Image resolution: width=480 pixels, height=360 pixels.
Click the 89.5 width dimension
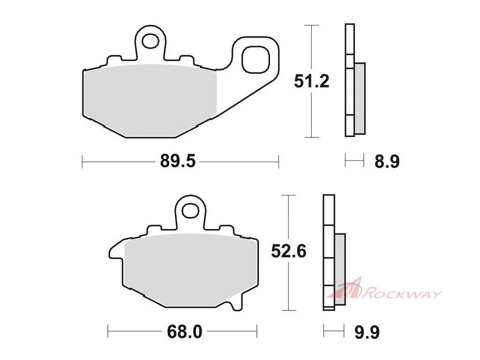click(x=178, y=161)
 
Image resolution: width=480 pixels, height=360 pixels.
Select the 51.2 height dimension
click(x=311, y=81)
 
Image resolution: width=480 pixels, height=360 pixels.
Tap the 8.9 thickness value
click(x=387, y=161)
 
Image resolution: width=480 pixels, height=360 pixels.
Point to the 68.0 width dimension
click(x=185, y=332)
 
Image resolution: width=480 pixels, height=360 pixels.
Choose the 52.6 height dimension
click(x=289, y=252)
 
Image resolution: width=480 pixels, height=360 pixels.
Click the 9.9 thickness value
click(x=367, y=332)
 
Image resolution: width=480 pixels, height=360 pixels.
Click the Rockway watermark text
click(x=402, y=294)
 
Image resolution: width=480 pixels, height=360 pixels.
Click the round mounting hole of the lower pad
click(x=190, y=210)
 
